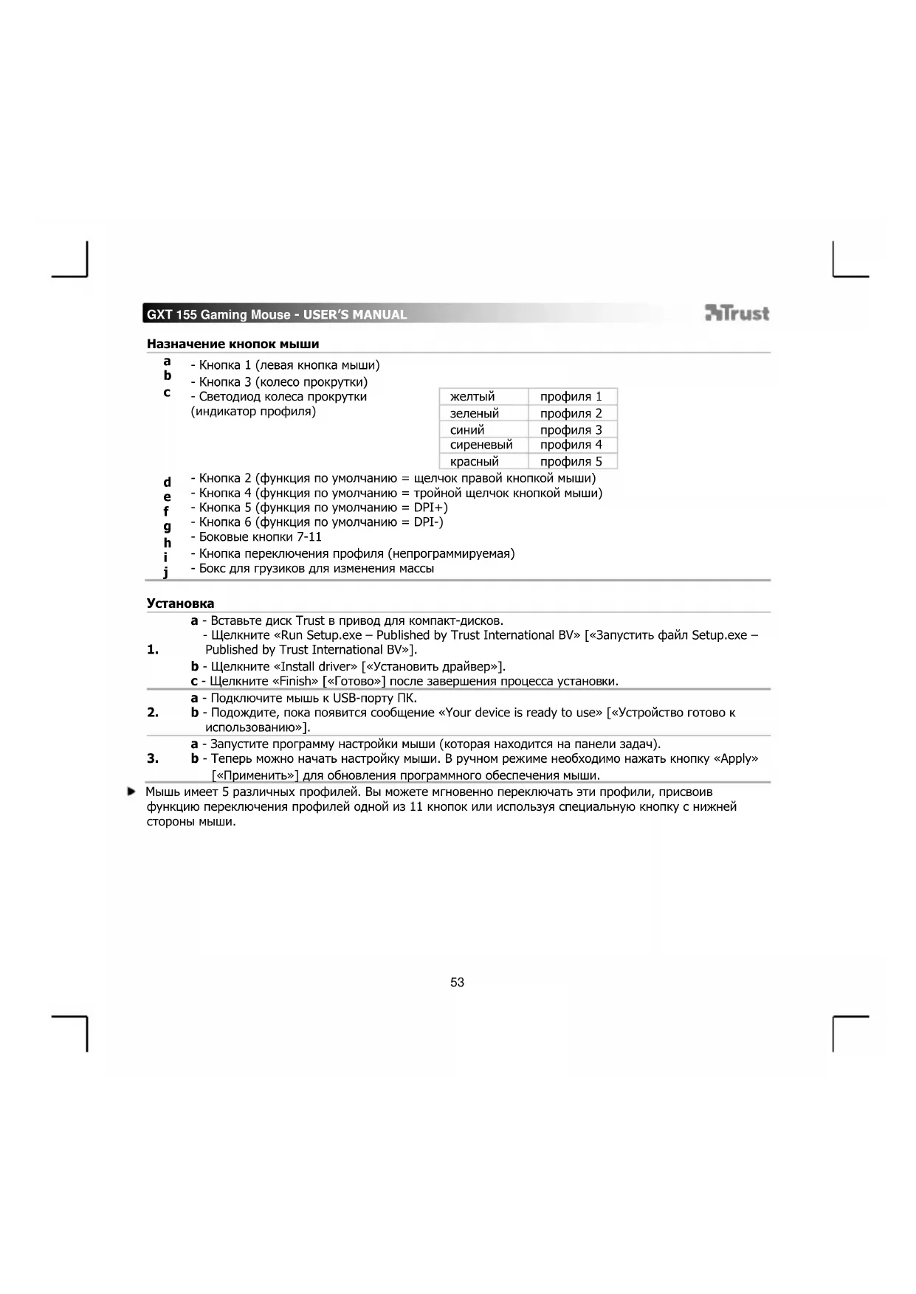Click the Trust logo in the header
pyautogui.click(x=737, y=314)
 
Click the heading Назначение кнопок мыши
pyautogui.click(x=233, y=344)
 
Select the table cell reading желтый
pyautogui.click(x=472, y=397)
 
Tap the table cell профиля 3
pyautogui.click(x=571, y=429)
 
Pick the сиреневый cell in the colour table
pyautogui.click(x=481, y=445)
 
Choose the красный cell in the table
pyautogui.click(x=474, y=462)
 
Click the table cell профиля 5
pyautogui.click(x=571, y=462)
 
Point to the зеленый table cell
pyautogui.click(x=474, y=413)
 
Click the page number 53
pyautogui.click(x=457, y=982)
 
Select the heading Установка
pyautogui.click(x=180, y=603)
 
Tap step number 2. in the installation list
pyautogui.click(x=153, y=713)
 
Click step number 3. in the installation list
pyautogui.click(x=153, y=758)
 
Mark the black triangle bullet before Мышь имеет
pyautogui.click(x=131, y=792)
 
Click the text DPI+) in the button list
pyautogui.click(x=430, y=508)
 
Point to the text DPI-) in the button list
pyautogui.click(x=428, y=522)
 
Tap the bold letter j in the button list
pyautogui.click(x=166, y=572)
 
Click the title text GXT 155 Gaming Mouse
pyautogui.click(x=218, y=315)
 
